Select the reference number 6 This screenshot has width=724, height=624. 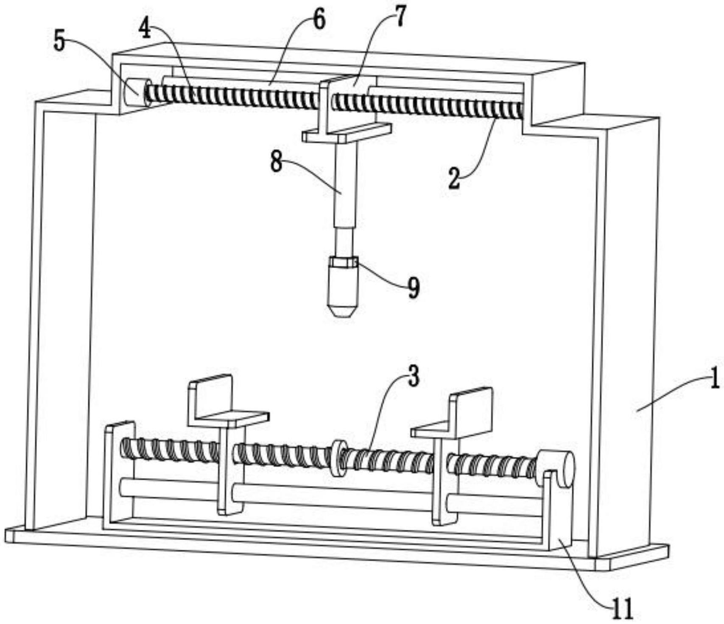(319, 20)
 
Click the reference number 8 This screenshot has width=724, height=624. (277, 162)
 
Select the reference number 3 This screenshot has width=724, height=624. (413, 376)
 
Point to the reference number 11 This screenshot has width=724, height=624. (623, 610)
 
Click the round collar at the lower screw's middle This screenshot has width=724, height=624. (338, 458)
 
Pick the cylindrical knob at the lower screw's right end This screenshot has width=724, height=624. (556, 469)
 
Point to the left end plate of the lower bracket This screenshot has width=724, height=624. (119, 475)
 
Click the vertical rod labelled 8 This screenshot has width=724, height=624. (345, 199)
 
